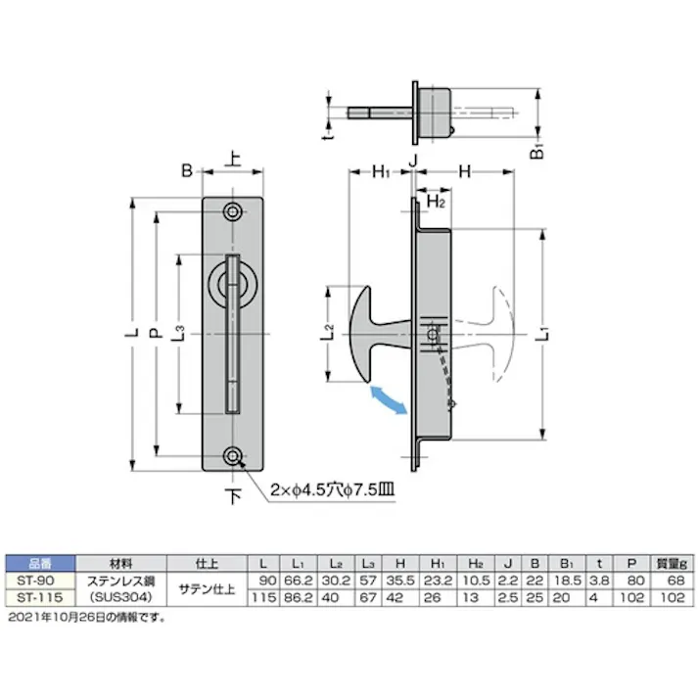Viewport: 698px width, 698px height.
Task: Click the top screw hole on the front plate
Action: pyautogui.click(x=233, y=212)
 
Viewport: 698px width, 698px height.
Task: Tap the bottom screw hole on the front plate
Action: pyautogui.click(x=233, y=457)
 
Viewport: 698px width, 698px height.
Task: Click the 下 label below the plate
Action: pyautogui.click(x=233, y=497)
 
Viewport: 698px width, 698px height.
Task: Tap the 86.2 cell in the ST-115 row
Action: pyautogui.click(x=300, y=595)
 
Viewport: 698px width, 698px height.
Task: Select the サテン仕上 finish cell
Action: pyautogui.click(x=205, y=587)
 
